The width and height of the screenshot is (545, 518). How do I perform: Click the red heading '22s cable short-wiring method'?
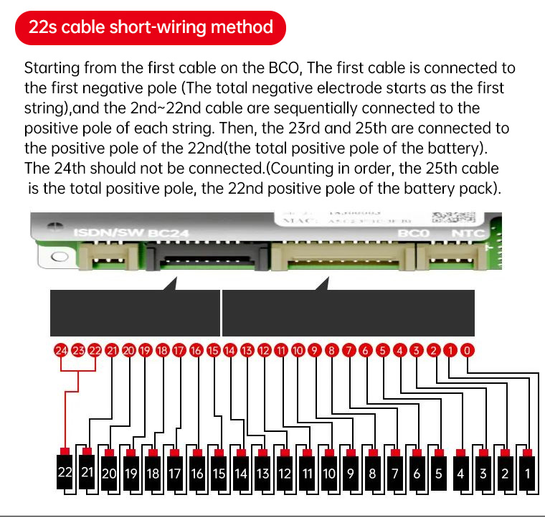151,28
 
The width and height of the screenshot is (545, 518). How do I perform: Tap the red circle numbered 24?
61,351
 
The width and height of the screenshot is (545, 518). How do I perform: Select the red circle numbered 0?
467,351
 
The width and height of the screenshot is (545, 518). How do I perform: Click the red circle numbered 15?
213,351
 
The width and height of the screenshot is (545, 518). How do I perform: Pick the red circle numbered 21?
112,351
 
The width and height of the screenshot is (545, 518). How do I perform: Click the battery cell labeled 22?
65,473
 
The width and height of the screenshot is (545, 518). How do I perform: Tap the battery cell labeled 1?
528,473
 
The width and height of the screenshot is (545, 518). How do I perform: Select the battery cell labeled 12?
285,473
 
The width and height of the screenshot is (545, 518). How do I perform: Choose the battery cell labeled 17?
174,473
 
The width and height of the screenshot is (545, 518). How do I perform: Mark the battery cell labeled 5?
439,473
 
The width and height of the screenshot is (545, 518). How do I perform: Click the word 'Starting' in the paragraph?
52,69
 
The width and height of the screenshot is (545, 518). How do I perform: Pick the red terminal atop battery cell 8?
373,451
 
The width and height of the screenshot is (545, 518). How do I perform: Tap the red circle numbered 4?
399,351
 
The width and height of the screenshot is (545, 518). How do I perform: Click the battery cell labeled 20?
109,473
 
